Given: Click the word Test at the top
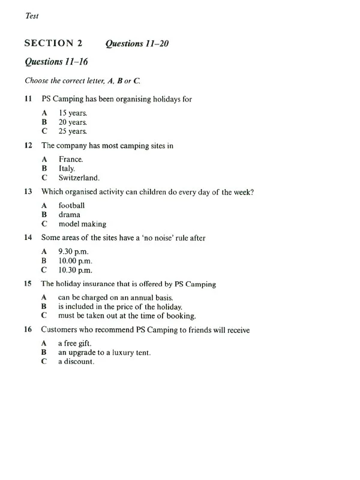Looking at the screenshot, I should coord(32,16).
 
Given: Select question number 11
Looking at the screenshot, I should coord(28,99).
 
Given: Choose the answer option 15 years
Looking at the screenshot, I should coord(73,112).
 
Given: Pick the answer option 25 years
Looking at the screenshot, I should coord(73,131).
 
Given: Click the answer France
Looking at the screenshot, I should coord(71,159).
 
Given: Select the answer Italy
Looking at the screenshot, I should coord(67,169).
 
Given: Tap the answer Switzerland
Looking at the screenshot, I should coord(79,178).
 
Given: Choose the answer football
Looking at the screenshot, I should coord(71,205).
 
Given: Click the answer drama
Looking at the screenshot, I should coord(69,215).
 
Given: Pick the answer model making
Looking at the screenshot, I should coord(82,224).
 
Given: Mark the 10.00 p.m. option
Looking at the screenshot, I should coord(76,261).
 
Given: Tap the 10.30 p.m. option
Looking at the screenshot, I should coord(76,271).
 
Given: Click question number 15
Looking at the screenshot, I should coord(28,284).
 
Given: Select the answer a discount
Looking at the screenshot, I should coord(76,362).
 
